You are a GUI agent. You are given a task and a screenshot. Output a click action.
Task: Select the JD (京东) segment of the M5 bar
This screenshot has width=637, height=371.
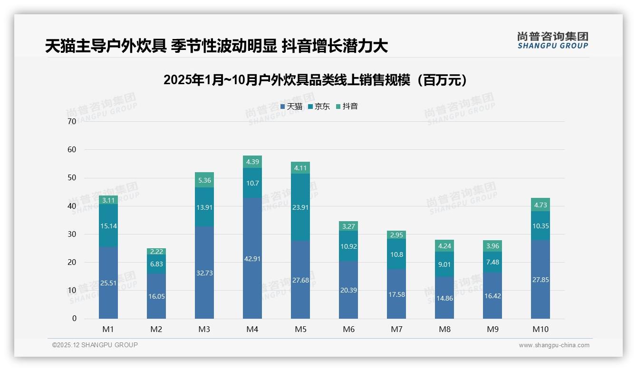(300, 207)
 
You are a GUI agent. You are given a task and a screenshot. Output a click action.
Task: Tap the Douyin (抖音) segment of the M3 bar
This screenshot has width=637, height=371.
(204, 180)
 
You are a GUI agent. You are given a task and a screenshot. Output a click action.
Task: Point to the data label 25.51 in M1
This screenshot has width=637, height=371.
(108, 283)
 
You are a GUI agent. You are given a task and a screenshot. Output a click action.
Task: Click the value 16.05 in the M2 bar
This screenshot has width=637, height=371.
(156, 296)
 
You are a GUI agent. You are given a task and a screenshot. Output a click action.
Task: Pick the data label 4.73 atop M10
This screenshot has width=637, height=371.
(540, 205)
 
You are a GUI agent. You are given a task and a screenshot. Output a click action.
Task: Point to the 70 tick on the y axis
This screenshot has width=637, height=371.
(72, 121)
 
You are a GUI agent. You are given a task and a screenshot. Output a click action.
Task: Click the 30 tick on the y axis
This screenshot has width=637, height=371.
(72, 234)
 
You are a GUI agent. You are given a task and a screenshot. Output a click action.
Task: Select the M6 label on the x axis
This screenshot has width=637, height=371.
(348, 329)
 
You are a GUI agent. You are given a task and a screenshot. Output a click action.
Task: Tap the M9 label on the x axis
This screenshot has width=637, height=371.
(492, 329)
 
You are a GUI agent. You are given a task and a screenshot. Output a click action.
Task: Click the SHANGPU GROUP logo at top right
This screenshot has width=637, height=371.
(552, 40)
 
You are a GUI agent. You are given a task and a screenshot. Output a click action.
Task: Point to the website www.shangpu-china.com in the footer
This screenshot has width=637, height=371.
(554, 345)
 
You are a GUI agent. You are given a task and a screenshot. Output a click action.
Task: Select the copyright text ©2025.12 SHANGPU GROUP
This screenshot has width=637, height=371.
(95, 345)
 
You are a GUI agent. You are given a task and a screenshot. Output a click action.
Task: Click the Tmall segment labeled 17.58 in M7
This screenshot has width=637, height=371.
(396, 294)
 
